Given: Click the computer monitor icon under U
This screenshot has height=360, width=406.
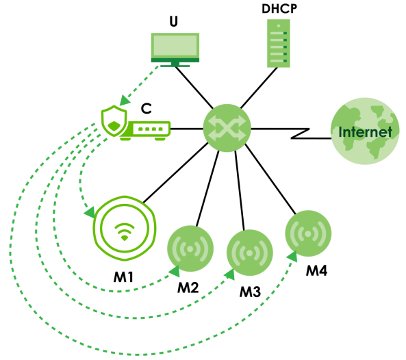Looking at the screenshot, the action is (x=175, y=50).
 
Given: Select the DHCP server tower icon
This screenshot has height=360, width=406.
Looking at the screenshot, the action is (x=279, y=43).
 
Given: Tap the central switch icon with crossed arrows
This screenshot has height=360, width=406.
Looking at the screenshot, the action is (x=227, y=128).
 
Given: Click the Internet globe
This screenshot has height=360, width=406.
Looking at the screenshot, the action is (x=365, y=131).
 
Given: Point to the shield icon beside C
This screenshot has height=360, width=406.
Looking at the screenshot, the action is (x=114, y=120).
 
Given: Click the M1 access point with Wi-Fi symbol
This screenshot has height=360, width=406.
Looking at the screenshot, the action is (x=125, y=229).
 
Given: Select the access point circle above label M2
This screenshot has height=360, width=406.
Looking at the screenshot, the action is (x=190, y=248).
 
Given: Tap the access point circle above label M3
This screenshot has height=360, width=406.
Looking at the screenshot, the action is (x=250, y=253).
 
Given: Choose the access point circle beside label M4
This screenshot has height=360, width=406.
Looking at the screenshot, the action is (x=308, y=233).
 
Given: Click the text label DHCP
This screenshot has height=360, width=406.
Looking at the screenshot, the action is (x=279, y=9).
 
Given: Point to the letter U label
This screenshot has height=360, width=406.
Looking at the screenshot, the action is (x=174, y=22).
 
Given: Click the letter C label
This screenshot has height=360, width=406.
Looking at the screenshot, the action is (x=147, y=109).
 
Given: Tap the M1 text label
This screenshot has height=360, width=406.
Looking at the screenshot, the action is (x=123, y=277).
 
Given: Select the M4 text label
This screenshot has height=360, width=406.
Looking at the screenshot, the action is (x=316, y=271).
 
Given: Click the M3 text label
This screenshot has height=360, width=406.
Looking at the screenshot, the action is (x=250, y=292).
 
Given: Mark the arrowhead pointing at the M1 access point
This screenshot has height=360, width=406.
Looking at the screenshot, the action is (x=90, y=212).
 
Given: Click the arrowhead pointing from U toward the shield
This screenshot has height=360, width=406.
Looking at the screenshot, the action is (x=125, y=101).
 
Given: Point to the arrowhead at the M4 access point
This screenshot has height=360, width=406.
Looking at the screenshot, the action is (x=292, y=257).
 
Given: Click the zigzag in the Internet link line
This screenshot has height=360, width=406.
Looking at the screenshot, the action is (x=301, y=133).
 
